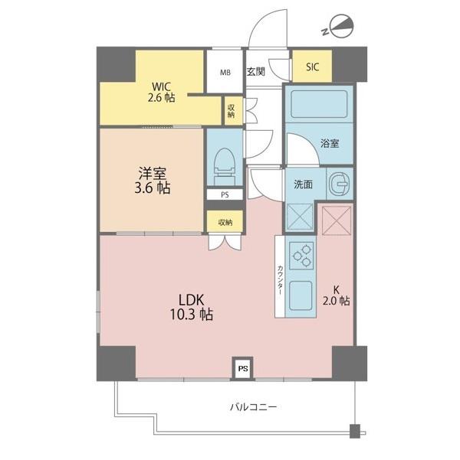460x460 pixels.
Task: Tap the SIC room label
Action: point(313,67)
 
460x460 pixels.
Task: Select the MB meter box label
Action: point(225,72)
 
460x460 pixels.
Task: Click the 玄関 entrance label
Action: point(256,72)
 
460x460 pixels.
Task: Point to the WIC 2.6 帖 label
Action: point(161,92)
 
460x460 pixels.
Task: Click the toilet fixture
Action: point(225,166)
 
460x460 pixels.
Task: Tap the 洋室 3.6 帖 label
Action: point(153,181)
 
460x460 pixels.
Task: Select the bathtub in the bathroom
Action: point(319,104)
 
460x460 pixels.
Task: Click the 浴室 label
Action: point(330,143)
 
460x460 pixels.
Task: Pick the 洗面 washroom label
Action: point(304,184)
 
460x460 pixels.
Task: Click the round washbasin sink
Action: point(340,184)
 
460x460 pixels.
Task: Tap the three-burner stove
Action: point(303,256)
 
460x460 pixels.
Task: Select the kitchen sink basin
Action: point(301,295)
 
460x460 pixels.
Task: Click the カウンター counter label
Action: point(281,280)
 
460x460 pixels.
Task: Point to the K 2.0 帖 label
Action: point(337,295)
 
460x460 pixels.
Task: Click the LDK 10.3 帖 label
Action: point(192,307)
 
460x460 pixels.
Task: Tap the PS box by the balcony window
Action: point(243,368)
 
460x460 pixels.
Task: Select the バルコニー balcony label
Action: point(253,407)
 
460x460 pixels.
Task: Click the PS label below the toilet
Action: point(225,195)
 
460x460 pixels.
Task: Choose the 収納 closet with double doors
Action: point(225,223)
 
